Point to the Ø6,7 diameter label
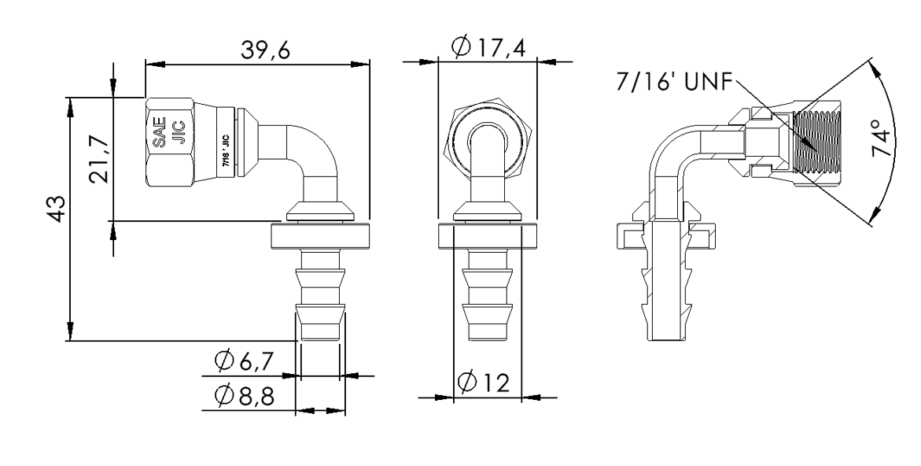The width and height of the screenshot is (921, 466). coord(246,362)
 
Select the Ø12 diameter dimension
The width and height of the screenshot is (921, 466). coord(485,383)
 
